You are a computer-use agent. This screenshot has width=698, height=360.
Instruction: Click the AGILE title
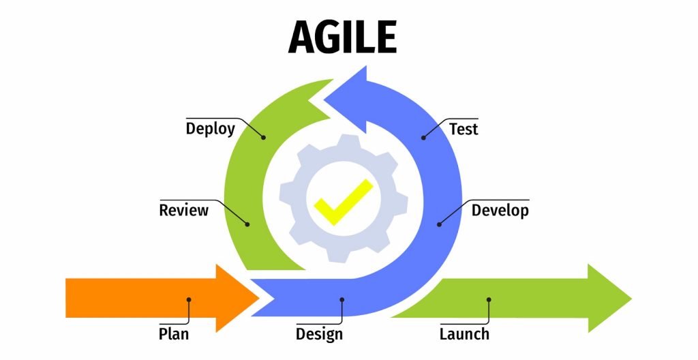(342, 37)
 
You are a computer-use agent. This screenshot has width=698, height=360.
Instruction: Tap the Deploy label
(210, 129)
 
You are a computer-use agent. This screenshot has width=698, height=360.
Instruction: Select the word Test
(464, 129)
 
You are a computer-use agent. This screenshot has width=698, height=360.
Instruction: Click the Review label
(183, 210)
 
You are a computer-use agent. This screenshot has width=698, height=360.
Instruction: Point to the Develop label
(500, 210)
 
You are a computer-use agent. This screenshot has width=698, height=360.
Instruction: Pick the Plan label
(174, 333)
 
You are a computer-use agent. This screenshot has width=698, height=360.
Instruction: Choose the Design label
(319, 334)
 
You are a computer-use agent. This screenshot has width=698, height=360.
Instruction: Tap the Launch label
(464, 333)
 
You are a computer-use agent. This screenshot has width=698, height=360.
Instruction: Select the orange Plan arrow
(162, 298)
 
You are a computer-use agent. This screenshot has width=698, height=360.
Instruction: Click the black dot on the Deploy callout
(264, 138)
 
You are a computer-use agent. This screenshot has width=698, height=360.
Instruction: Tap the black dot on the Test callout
(423, 138)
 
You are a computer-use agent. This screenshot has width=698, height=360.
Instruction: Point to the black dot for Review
(247, 224)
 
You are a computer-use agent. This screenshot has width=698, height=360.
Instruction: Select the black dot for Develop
(439, 224)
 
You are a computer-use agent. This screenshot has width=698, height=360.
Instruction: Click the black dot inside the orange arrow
(189, 300)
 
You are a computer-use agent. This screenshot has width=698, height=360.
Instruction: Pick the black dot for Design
(342, 300)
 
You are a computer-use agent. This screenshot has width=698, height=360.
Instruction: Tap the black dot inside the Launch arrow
(489, 300)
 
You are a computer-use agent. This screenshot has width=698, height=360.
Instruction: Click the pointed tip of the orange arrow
(258, 298)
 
